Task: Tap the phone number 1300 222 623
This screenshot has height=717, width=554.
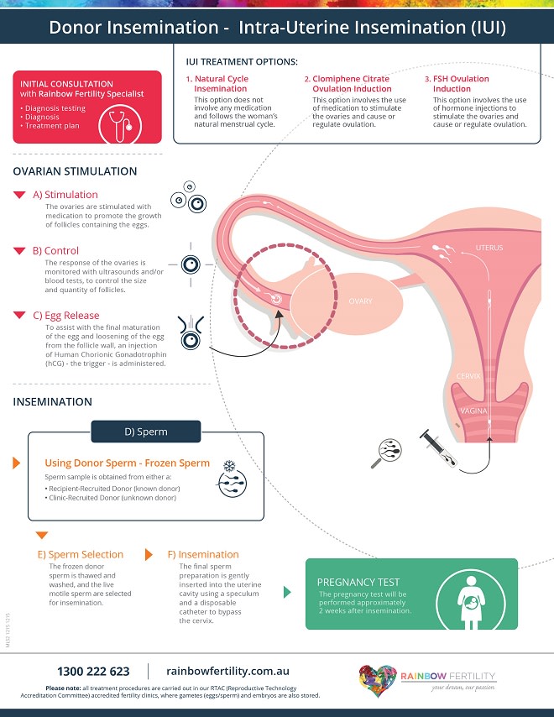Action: (93, 671)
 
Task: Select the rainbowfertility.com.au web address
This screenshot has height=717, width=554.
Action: (227, 671)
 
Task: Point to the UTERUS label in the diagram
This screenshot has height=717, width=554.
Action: (489, 249)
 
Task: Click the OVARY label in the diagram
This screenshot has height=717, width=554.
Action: (360, 301)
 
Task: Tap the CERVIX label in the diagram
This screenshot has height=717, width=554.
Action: (468, 376)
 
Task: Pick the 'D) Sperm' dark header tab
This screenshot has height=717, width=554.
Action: (145, 432)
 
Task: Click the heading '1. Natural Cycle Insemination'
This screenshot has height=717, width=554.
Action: (221, 84)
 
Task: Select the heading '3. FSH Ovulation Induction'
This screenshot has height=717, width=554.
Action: (461, 84)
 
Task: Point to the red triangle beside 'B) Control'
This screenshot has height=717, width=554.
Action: (19, 251)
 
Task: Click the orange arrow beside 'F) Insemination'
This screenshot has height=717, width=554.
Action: (149, 554)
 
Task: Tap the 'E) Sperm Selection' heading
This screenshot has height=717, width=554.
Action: (81, 554)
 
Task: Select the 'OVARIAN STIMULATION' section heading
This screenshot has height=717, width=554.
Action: (75, 171)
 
